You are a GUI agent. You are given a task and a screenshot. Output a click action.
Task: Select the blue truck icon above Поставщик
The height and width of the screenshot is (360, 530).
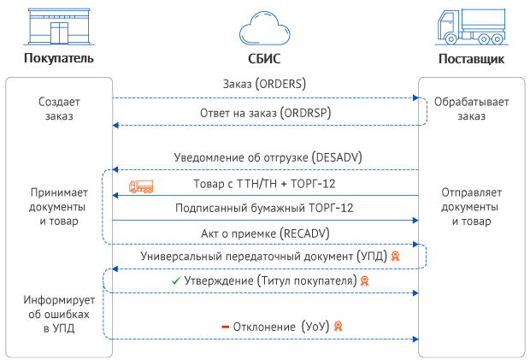[x=470, y=27]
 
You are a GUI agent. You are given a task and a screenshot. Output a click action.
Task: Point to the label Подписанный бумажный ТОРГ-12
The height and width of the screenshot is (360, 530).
[x=264, y=207]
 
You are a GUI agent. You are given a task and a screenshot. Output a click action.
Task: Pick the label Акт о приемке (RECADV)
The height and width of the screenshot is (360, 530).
[x=264, y=232]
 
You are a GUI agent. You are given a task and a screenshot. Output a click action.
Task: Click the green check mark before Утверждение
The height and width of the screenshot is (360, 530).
[x=176, y=280]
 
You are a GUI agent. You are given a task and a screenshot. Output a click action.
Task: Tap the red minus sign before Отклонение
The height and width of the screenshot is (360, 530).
[x=226, y=327]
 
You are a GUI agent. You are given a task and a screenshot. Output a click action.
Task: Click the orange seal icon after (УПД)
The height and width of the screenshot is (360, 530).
[x=394, y=256]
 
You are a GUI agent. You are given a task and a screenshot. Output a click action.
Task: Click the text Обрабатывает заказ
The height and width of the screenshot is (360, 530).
[x=471, y=109]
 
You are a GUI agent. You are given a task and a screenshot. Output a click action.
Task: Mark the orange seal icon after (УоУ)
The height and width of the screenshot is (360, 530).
[x=338, y=327]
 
